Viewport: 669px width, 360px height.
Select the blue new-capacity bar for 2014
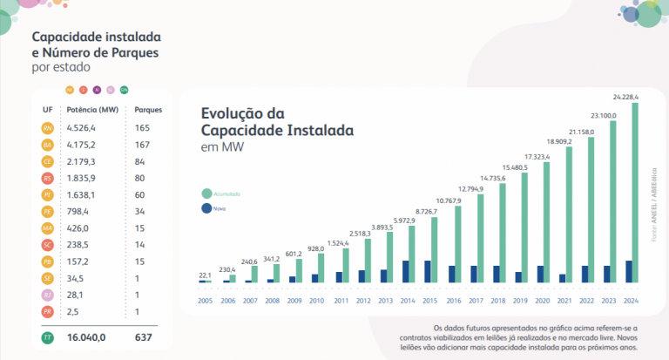coord(405,271)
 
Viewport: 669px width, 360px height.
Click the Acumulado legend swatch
coord(206,193)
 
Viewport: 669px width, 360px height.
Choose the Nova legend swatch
coord(206,208)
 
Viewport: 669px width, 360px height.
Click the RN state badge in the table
coord(48,128)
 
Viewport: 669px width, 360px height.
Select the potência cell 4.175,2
coord(85,145)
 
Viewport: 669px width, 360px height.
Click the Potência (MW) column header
coord(92,110)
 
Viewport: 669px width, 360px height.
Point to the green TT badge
coord(48,336)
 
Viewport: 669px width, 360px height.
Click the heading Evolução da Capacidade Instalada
coord(277,122)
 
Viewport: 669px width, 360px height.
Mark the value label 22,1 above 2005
coord(206,275)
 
